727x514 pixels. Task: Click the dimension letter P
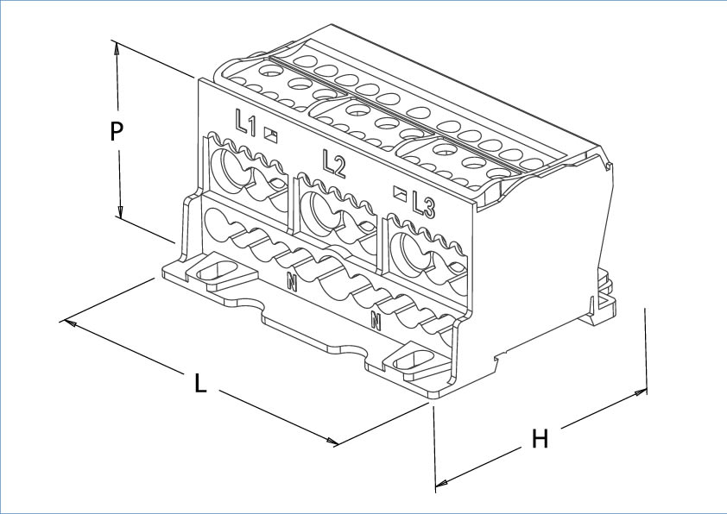(x=118, y=131)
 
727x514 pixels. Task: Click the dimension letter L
(x=200, y=382)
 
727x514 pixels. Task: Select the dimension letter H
(x=540, y=439)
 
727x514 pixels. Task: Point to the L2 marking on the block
(x=333, y=162)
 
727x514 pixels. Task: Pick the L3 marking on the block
(x=423, y=204)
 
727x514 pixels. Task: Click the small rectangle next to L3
(x=400, y=194)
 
